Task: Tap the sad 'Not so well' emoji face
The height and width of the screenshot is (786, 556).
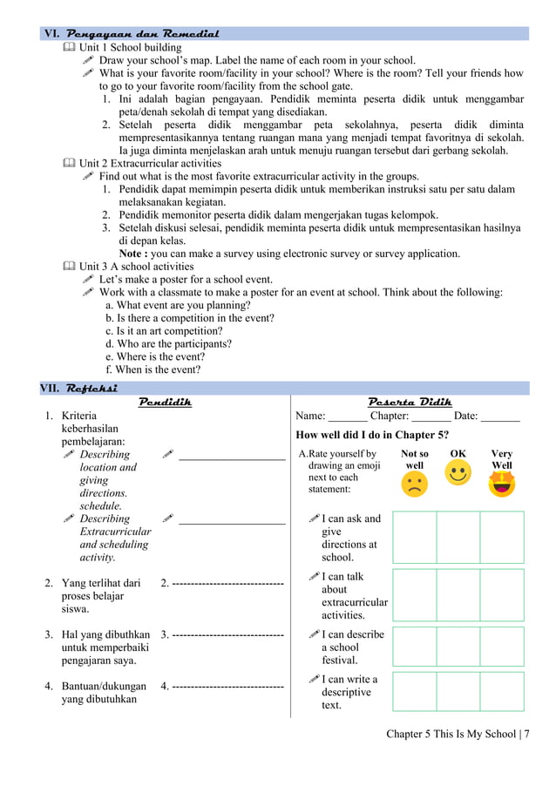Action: (x=415, y=484)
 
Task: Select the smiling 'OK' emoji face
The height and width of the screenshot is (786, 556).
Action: (x=458, y=473)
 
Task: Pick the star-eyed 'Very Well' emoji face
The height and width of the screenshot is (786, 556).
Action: (x=502, y=484)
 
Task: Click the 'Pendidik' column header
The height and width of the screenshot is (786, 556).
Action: (x=166, y=402)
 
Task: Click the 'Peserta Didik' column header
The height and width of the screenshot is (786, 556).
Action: (x=410, y=402)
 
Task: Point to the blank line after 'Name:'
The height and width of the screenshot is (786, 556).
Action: (x=348, y=417)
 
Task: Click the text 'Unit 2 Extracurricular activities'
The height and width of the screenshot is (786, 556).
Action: (x=150, y=163)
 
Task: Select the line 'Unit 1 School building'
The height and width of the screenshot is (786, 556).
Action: (x=131, y=47)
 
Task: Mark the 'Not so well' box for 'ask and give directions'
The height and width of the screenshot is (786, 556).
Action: (x=414, y=537)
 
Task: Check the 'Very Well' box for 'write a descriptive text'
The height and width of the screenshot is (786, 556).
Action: (x=502, y=691)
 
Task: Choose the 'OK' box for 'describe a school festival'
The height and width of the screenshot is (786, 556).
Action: (x=458, y=647)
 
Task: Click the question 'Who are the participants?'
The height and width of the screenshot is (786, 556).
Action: (x=168, y=343)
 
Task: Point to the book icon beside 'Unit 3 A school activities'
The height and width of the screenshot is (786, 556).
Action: (x=69, y=267)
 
